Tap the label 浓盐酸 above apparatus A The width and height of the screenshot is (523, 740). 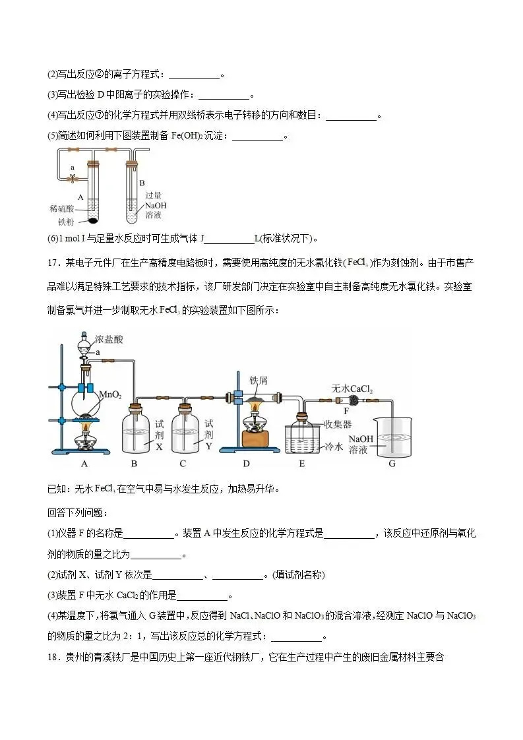pyautogui.click(x=109, y=340)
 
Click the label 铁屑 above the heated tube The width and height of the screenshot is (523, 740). pyautogui.click(x=257, y=380)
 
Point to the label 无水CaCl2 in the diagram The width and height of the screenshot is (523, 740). pyautogui.click(x=352, y=389)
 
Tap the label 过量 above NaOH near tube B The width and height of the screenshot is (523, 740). pyautogui.click(x=153, y=195)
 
